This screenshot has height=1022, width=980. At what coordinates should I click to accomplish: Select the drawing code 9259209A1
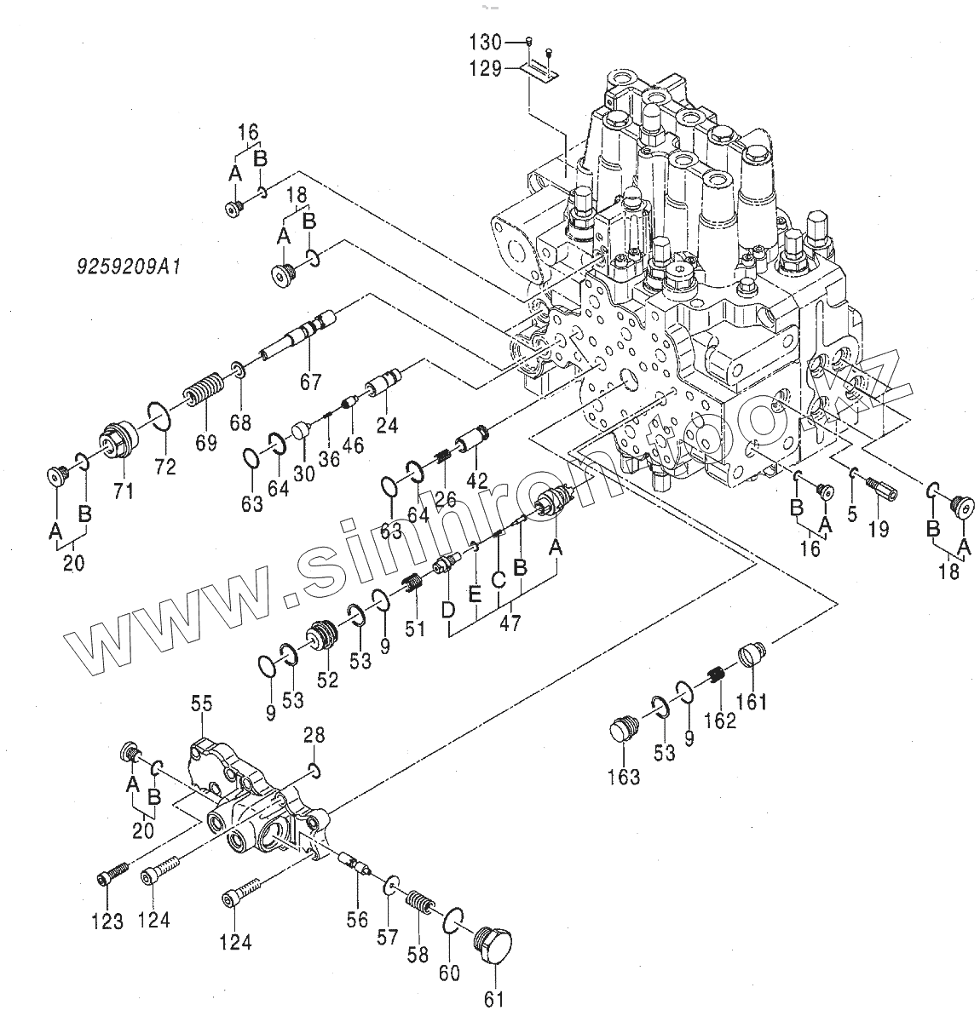pyautogui.click(x=127, y=267)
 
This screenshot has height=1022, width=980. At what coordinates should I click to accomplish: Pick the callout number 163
pyautogui.click(x=625, y=777)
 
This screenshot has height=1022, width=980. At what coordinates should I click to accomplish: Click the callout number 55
pyautogui.click(x=201, y=703)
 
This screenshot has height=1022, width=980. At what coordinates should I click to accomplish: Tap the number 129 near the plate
pyautogui.click(x=486, y=69)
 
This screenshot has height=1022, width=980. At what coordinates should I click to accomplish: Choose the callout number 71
pyautogui.click(x=124, y=491)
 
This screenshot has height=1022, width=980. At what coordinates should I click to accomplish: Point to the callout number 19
pyautogui.click(x=879, y=529)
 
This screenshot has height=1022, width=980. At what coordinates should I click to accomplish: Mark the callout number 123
pyautogui.click(x=108, y=921)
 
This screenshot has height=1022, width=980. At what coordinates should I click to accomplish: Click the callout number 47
pyautogui.click(x=510, y=622)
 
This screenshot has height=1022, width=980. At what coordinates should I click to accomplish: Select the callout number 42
pyautogui.click(x=476, y=480)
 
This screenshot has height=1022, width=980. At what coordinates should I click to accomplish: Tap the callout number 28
pyautogui.click(x=314, y=735)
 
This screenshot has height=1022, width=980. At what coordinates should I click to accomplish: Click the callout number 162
pyautogui.click(x=720, y=721)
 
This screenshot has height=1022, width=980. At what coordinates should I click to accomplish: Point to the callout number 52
pyautogui.click(x=327, y=679)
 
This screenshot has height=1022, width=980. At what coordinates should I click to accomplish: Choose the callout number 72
pyautogui.click(x=165, y=466)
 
